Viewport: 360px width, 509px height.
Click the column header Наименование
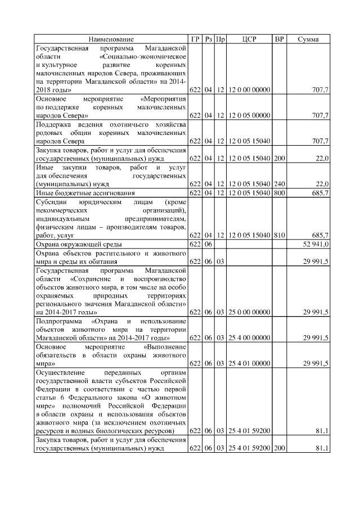click(111, 39)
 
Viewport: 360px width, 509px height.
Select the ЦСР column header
click(249, 39)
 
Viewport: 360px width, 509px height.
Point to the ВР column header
click(279, 39)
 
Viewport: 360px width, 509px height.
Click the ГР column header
click(195, 39)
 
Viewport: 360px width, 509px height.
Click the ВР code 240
click(279, 184)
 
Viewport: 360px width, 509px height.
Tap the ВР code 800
click(279, 193)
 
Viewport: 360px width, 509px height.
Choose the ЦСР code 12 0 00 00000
click(249, 89)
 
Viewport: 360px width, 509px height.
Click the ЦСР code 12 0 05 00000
click(249, 115)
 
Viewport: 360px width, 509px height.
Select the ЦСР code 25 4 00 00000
click(249, 338)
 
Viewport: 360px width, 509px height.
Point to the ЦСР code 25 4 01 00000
click(249, 364)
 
